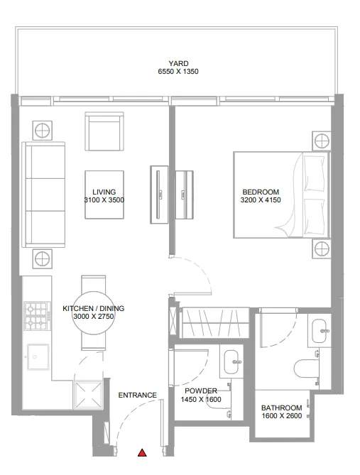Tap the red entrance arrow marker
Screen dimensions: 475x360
pos(142,452)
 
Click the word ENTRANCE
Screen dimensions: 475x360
pos(136,395)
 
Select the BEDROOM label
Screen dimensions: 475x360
pos(261,192)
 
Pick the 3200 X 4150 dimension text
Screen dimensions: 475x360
pos(261,200)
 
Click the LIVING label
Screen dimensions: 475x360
pos(104,192)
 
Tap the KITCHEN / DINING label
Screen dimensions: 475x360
pos(93,308)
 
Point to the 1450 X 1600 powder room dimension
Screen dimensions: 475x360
pos(201,400)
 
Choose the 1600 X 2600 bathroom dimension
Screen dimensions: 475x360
pos(282,416)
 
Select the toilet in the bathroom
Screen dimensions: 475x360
pos(307,368)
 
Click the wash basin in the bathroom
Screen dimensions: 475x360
pos(318,329)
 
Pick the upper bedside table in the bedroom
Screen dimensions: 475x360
pos(321,138)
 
